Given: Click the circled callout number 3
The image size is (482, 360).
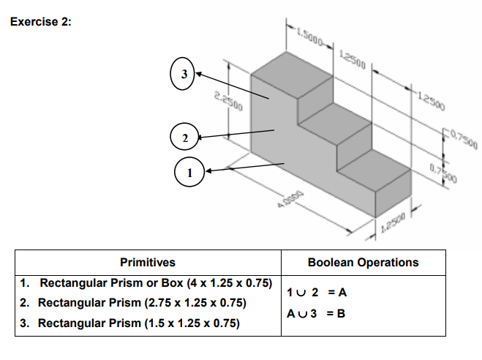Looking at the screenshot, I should tap(184, 74).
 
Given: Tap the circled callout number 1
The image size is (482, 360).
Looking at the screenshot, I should tap(191, 173).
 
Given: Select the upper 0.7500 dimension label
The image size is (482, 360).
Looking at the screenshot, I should tap(462, 136).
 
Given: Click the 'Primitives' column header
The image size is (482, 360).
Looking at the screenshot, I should tap(147, 262).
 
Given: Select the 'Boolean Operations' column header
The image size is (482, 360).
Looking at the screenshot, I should tap(363, 262).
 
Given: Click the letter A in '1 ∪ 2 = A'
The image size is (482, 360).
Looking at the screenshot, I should tap(341, 291).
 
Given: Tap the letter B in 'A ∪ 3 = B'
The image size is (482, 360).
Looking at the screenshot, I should tap(341, 312).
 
